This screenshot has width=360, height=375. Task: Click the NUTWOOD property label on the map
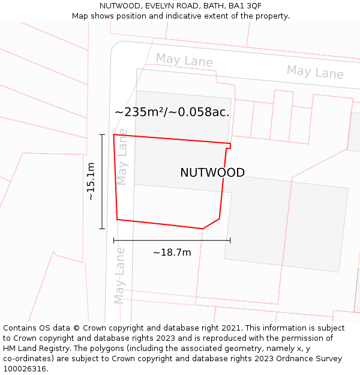click(x=212, y=173)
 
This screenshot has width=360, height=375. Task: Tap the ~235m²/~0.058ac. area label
click(x=172, y=112)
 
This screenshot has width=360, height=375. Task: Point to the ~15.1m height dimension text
click(x=91, y=181)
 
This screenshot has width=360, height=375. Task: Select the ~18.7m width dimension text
click(x=172, y=253)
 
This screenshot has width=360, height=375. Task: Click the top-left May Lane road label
click(x=184, y=60)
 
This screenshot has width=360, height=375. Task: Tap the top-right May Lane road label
click(x=315, y=72)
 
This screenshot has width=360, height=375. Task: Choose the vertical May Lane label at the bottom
click(x=120, y=275)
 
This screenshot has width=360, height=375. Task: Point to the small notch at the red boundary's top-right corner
click(x=229, y=145)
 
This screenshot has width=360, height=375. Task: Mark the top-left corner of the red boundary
click(x=114, y=134)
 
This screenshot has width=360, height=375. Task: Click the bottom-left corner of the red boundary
click(x=117, y=220)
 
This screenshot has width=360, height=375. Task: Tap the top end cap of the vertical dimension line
click(x=102, y=134)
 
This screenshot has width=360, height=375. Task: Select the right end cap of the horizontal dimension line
click(x=230, y=240)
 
